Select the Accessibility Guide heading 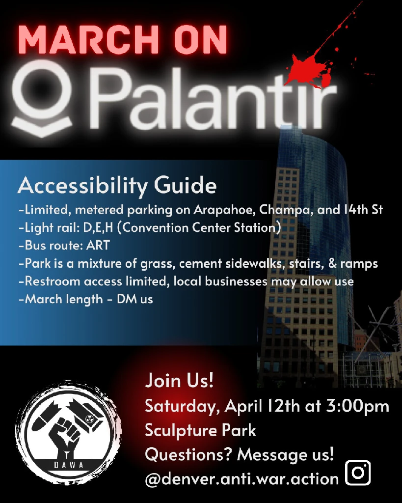117,185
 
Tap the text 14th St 363,209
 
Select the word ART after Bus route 98,246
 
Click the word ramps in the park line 359,264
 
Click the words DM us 135,299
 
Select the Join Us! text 179,381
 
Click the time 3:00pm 358,406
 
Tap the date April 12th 263,406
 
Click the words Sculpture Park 200,430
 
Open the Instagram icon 358,473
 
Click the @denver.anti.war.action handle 241,478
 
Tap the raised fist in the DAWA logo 64,433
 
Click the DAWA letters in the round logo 69,465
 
